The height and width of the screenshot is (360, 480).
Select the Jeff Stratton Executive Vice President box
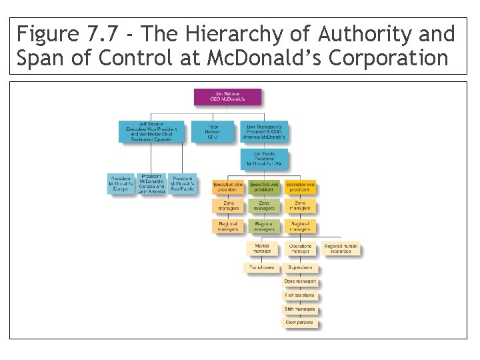pos(150,131)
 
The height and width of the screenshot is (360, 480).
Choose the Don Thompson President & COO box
pos(265,131)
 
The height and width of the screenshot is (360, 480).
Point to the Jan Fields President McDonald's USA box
pos(265,161)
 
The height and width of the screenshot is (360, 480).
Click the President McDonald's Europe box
pos(121,183)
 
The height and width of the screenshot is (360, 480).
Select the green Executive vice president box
pos(264,187)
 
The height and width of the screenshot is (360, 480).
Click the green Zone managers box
pos(264,206)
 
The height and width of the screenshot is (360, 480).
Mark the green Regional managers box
pos(264,226)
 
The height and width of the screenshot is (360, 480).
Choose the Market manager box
pos(263,249)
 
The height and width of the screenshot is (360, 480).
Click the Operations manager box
pos(301,249)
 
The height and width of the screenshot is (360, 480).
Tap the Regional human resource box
pos(341,249)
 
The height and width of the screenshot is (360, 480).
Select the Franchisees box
pos(262,268)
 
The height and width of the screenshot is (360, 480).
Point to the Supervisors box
pos(301,268)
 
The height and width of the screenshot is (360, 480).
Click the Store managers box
pos(301,281)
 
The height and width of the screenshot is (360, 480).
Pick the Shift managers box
pos(301,309)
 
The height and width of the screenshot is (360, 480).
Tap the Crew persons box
pos(301,323)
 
